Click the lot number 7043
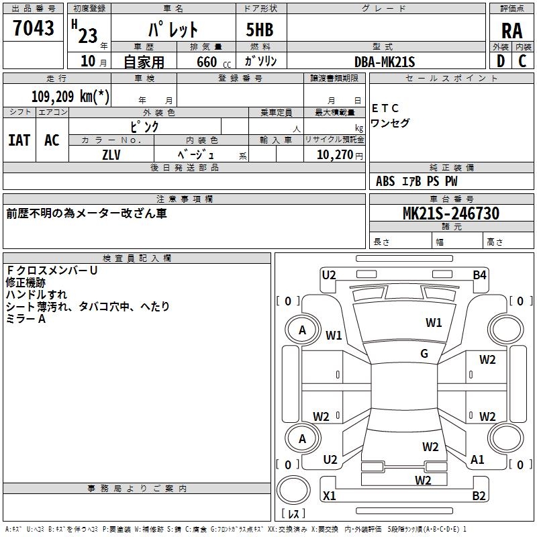33,28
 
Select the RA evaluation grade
511,31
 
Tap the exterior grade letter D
501,61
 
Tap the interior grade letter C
522,61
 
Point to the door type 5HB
260,30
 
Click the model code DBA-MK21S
385,62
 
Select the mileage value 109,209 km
70,97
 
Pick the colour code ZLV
111,155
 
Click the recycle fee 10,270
335,154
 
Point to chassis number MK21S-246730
451,213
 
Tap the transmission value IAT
19,140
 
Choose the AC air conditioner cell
52,140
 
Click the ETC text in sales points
385,108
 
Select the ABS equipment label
385,181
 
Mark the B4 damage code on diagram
479,275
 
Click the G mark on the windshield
424,353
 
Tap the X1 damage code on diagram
329,495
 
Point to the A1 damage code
477,459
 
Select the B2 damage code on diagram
479,495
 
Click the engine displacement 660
207,62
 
